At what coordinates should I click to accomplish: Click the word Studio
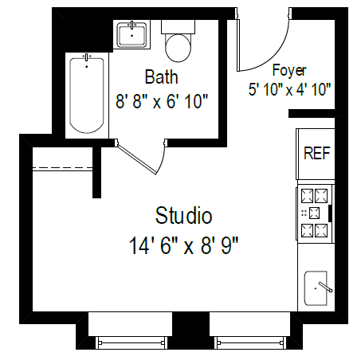tap(183, 215)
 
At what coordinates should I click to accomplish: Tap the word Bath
tap(161, 77)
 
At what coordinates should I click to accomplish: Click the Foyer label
tap(289, 70)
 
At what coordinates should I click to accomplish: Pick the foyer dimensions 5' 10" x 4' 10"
tap(289, 89)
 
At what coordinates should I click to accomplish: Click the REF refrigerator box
tap(316, 153)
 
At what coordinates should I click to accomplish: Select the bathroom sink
tap(131, 36)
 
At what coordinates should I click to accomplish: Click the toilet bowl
tap(179, 49)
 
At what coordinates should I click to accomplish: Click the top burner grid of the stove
tap(315, 195)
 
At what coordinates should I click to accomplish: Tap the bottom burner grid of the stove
tap(315, 230)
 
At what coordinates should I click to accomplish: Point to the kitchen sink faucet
tap(324, 285)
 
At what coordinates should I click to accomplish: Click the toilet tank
tap(179, 26)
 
